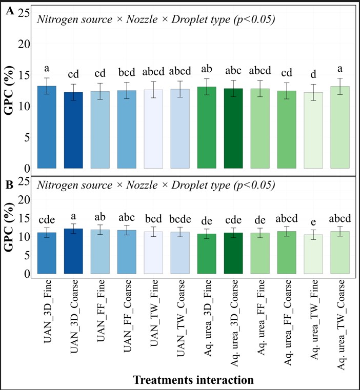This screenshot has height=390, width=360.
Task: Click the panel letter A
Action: click(x=9, y=13)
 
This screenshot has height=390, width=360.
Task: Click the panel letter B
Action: click(x=9, y=183)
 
